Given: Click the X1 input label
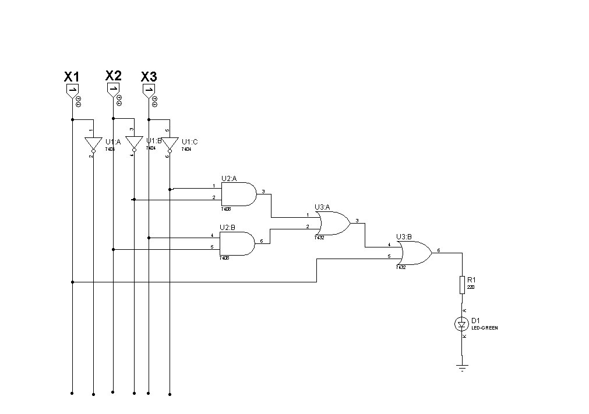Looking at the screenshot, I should tap(72, 77).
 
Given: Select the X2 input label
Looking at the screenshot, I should tap(113, 75).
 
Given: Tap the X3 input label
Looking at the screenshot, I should tap(149, 77).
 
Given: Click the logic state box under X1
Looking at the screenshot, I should tap(72, 90).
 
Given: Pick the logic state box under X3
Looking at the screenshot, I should tap(149, 89).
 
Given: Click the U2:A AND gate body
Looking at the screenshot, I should tap(239, 194).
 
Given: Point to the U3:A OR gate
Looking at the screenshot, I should tap(333, 222).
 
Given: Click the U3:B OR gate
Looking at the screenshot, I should tap(415, 253).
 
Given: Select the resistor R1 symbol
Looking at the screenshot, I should tap(462, 285).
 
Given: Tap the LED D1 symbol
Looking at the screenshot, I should tap(462, 324).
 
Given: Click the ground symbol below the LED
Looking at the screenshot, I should tap(462, 367).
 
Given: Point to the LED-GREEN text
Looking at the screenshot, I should tap(484, 328).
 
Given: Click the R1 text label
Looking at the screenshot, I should tap(471, 280).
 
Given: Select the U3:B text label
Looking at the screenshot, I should tap(404, 237).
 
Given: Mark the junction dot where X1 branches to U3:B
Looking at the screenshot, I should tap(72, 282).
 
